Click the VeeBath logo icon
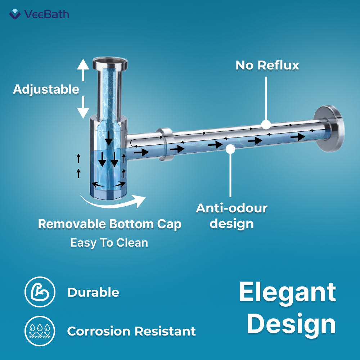[15, 14]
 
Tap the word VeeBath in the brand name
[46, 14]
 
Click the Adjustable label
[46, 89]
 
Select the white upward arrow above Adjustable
[83, 70]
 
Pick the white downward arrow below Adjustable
[83, 107]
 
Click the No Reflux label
[267, 65]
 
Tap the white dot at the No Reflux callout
[266, 125]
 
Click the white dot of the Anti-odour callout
[230, 149]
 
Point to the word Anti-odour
[231, 208]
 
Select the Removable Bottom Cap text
[110, 224]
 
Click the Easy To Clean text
[109, 243]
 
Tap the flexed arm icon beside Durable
[40, 292]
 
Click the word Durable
[93, 292]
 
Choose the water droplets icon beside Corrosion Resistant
[40, 331]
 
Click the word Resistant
[165, 331]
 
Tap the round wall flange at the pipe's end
[330, 129]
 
